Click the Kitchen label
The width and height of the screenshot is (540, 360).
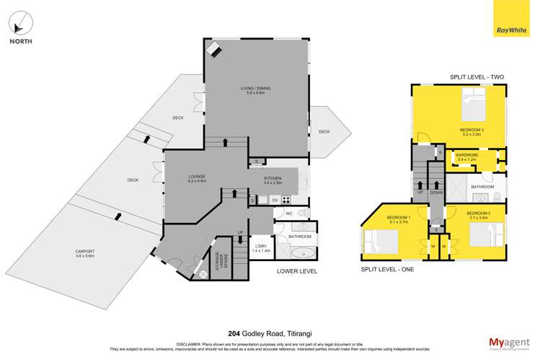272,180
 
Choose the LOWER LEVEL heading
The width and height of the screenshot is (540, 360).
296,272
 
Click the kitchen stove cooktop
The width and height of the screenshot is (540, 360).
286,200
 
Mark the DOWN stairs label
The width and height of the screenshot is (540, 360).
435,193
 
